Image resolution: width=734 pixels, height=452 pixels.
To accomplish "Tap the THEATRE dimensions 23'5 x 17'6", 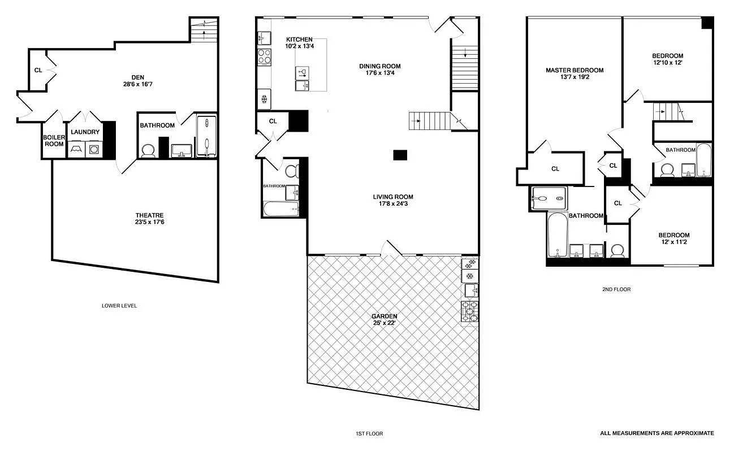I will (149, 222).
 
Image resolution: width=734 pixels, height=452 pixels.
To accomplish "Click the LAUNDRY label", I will (85, 132).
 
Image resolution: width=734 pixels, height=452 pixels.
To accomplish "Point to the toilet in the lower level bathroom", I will (148, 151).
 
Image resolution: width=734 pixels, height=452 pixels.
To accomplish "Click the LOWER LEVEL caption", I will (119, 306).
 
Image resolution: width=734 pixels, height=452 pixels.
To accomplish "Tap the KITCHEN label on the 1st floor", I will (299, 39).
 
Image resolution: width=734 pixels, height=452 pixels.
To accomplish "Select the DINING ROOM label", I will (379, 66).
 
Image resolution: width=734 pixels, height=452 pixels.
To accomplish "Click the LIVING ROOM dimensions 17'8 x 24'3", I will (392, 204).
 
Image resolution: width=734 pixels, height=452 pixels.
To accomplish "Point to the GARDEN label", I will (384, 316).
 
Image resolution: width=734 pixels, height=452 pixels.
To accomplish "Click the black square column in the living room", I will (400, 154).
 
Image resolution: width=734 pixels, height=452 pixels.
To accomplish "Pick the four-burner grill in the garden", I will (469, 311).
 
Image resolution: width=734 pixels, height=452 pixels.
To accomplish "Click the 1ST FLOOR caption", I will (368, 434).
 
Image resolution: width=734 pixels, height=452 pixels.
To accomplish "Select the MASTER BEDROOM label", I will (574, 71).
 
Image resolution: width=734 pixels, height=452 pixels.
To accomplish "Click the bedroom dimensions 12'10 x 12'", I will (667, 63).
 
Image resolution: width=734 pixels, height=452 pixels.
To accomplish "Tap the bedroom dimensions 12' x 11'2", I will (673, 242).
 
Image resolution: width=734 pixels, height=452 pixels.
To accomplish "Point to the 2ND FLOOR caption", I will (616, 289).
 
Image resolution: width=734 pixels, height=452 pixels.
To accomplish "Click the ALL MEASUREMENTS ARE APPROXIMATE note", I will (657, 433).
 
